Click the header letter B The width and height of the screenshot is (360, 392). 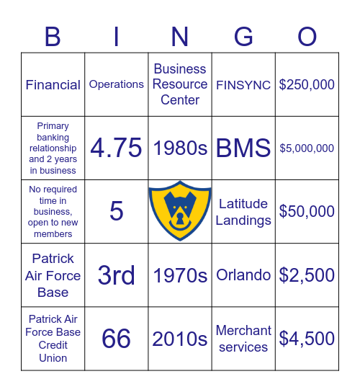(x=53, y=37)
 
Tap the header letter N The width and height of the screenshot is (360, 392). (x=180, y=37)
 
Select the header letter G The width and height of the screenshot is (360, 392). (x=243, y=37)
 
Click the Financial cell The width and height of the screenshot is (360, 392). (x=53, y=85)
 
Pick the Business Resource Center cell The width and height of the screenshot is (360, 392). (x=180, y=84)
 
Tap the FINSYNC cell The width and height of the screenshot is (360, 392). (x=243, y=85)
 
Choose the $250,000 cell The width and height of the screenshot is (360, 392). (x=307, y=85)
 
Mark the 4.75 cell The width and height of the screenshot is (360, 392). (x=116, y=148)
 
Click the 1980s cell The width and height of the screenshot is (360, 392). (x=180, y=148)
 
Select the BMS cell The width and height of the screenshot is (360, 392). (x=243, y=148)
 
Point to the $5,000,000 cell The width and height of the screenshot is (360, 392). (x=307, y=148)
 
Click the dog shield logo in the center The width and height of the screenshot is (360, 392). (x=180, y=212)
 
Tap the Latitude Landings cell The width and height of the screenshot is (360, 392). (x=243, y=212)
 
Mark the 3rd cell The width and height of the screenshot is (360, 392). (x=116, y=275)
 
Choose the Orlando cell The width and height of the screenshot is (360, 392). (x=243, y=275)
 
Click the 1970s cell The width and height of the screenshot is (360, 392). (x=180, y=275)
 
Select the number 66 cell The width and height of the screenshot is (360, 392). (x=116, y=339)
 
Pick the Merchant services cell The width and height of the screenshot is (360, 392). (x=243, y=339)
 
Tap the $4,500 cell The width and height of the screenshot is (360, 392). (x=307, y=339)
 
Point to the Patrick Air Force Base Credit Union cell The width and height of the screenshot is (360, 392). (x=53, y=339)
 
